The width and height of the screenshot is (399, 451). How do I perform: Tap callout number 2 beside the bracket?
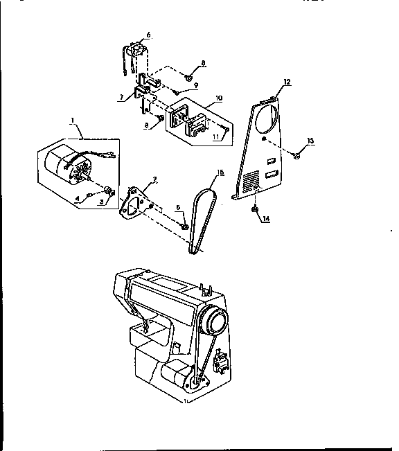[x=154, y=179]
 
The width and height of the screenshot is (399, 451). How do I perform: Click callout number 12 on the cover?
[x=287, y=82]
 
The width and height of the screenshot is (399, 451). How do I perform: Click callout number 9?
[x=196, y=86]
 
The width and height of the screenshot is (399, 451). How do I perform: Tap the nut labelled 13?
[x=296, y=157]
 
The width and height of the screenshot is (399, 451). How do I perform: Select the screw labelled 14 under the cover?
[x=255, y=206]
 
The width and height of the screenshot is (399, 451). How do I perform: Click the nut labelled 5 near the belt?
[x=184, y=225]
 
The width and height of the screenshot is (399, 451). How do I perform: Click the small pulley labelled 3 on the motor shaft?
[x=109, y=189]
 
